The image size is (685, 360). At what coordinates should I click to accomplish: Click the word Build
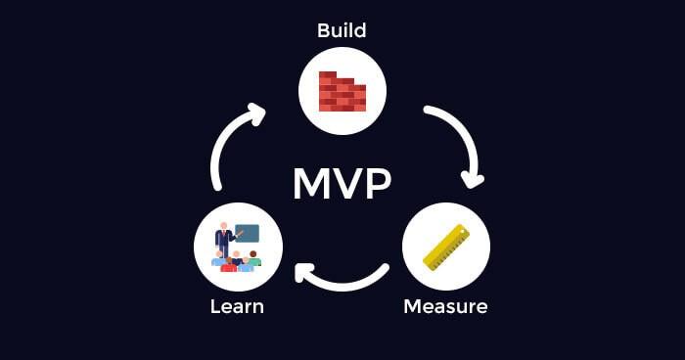coord(342,30)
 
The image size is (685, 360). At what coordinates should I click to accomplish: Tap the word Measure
coord(445,306)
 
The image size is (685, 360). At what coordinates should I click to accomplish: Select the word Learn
coord(237,306)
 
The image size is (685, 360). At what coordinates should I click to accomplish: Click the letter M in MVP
coord(312,183)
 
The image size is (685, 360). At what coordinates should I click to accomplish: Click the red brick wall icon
coord(342,91)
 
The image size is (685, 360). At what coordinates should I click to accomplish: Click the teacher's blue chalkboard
coord(248,234)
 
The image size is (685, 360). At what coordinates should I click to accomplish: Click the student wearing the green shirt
coord(253,259)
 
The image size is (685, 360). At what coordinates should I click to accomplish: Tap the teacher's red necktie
coord(224,239)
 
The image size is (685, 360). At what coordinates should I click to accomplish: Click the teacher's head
coord(224,227)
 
